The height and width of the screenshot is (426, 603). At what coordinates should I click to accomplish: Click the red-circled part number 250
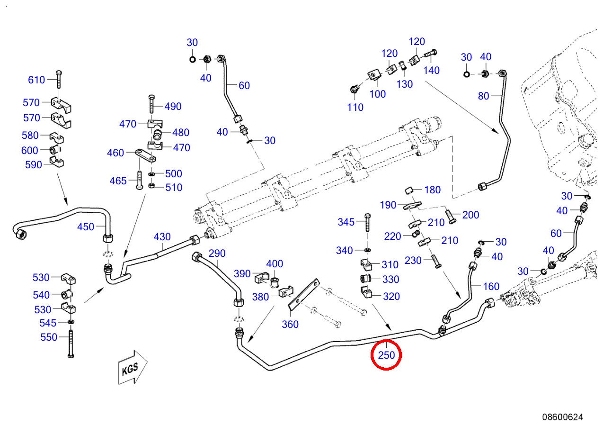(x=386, y=354)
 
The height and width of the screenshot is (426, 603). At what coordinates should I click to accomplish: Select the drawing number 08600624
(x=562, y=417)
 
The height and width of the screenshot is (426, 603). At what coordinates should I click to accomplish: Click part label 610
(x=36, y=80)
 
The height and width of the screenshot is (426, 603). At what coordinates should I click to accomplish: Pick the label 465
(x=118, y=181)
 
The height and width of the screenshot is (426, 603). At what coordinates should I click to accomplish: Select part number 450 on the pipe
(x=86, y=227)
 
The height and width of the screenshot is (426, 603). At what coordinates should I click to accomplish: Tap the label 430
(x=162, y=236)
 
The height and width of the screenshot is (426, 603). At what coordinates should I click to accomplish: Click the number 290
(x=217, y=254)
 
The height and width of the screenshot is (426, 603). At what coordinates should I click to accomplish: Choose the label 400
(x=275, y=264)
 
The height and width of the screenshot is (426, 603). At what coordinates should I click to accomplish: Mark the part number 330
(x=390, y=280)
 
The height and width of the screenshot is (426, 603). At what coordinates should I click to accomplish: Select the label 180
(x=432, y=190)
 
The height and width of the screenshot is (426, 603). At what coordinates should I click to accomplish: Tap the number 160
(x=491, y=286)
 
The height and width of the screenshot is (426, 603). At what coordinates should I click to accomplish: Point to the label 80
(x=483, y=96)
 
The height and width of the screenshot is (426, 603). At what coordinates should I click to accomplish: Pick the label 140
(x=431, y=71)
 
